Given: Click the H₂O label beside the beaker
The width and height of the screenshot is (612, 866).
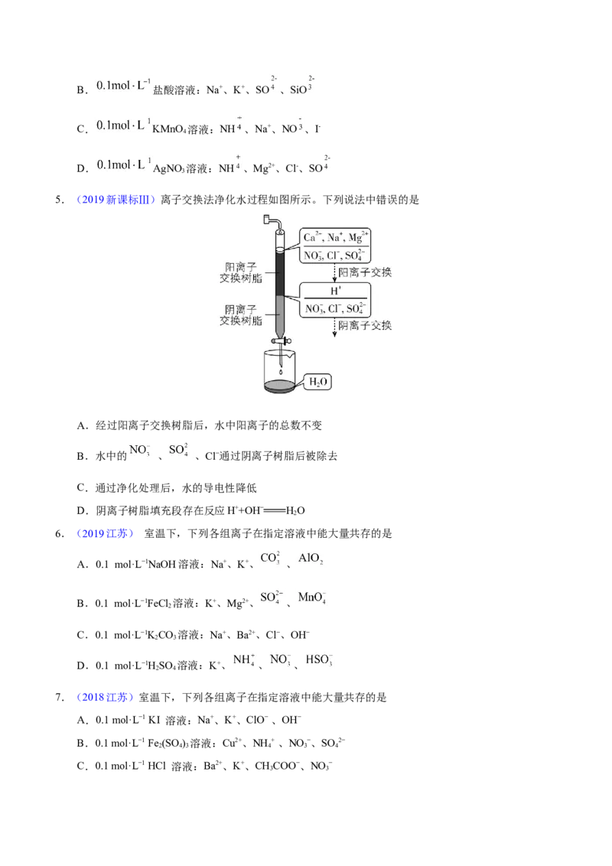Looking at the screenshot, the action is [318, 382].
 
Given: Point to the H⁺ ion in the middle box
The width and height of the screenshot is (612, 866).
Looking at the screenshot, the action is [336, 291].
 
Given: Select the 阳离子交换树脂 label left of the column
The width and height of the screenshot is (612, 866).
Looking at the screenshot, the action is [241, 273].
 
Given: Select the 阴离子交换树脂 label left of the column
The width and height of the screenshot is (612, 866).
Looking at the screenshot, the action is [241, 315].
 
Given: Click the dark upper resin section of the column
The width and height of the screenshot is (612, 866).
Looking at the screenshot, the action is [280, 273].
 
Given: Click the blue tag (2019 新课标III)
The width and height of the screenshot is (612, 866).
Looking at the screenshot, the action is [116, 200].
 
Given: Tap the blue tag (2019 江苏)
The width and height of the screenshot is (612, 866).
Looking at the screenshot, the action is [105, 533].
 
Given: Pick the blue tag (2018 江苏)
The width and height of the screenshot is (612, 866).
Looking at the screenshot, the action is [105, 697].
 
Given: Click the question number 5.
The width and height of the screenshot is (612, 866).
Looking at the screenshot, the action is [59, 200].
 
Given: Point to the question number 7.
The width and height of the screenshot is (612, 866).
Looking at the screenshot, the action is [59, 697].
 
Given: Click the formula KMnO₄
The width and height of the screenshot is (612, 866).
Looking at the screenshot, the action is [170, 129].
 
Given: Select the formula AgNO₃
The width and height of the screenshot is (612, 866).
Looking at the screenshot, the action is [169, 168].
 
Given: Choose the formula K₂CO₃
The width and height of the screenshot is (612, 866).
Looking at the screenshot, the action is [161, 635].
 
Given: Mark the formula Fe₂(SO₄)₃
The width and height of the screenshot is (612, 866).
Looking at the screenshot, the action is [168, 744].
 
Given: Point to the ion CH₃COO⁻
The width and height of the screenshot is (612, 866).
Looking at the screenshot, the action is [277, 766].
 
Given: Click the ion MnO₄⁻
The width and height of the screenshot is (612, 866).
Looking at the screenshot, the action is [312, 597].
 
